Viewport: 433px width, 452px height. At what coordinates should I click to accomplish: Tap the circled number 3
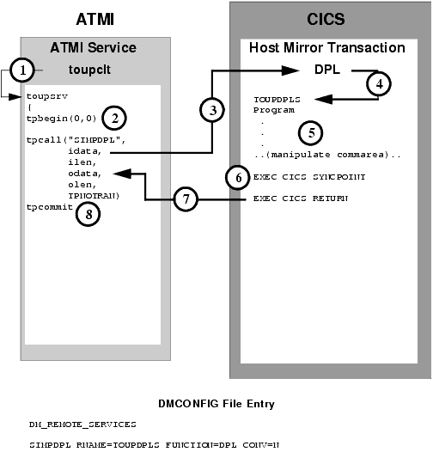(208, 109)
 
